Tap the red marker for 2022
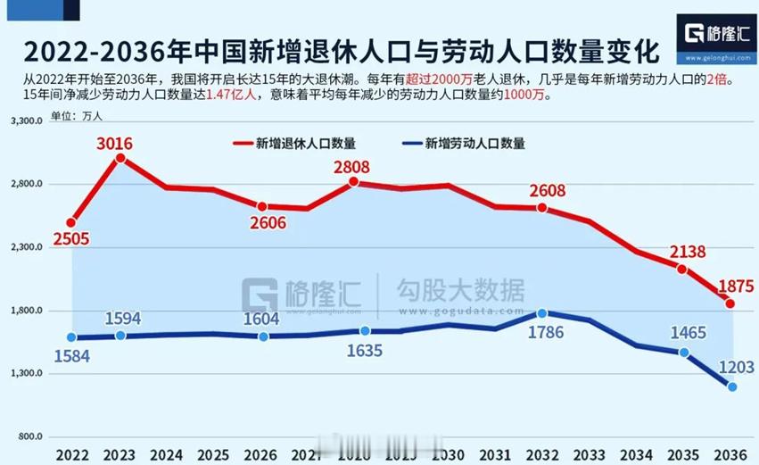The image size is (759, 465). tap(71, 222)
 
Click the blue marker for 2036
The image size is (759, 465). tap(732, 386)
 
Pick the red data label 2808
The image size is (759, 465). tap(353, 166)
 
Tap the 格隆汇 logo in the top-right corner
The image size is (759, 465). tap(717, 37)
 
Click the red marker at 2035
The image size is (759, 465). tap(682, 270)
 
